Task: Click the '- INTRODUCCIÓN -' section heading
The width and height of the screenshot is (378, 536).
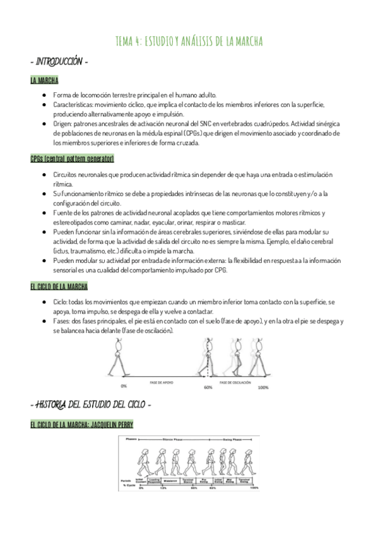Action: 59,63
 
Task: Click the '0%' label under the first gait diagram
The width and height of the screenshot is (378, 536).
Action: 124,387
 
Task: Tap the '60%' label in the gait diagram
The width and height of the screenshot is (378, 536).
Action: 208,387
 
